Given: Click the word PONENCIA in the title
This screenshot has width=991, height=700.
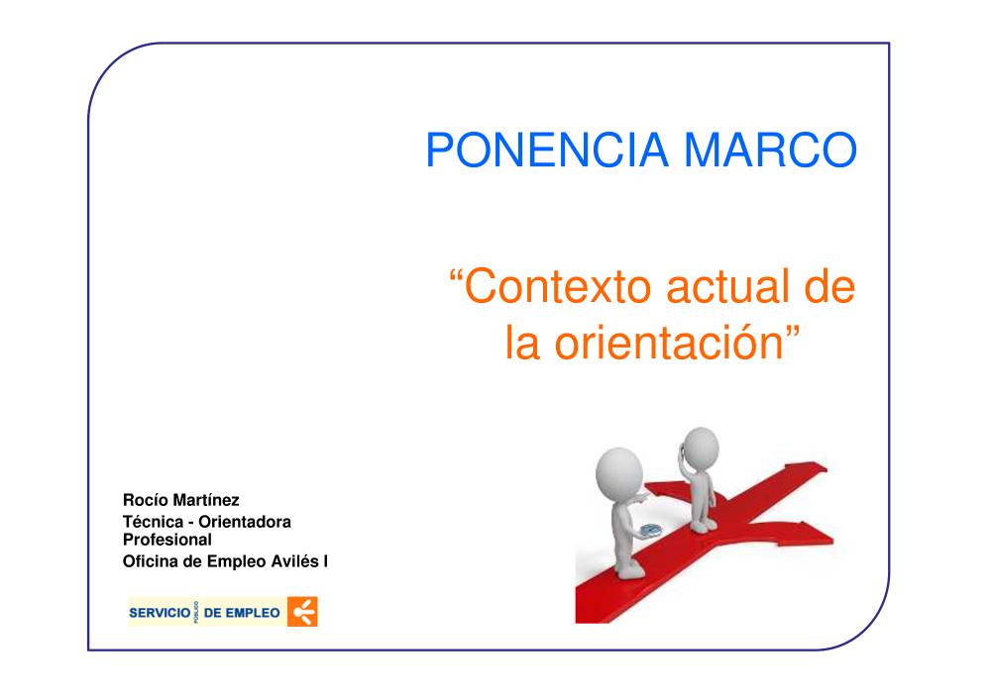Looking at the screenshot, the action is click(x=547, y=150).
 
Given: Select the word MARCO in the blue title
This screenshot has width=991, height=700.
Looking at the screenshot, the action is click(x=770, y=150).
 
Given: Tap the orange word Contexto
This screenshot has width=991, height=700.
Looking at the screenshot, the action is click(x=558, y=286).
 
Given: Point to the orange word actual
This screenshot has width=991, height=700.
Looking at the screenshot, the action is click(x=727, y=286).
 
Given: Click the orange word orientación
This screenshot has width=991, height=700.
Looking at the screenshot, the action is click(x=669, y=343).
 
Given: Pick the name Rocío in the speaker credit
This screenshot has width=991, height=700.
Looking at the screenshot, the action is click(x=146, y=500).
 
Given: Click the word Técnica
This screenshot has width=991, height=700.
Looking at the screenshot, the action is click(x=153, y=522).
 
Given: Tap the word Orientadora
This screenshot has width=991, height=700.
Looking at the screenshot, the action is click(x=245, y=522).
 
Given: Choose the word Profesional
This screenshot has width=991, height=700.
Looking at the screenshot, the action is click(x=166, y=540).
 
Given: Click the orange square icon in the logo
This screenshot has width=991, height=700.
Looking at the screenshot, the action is click(x=302, y=612).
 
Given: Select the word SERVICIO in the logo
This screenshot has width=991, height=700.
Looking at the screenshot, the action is click(x=160, y=613).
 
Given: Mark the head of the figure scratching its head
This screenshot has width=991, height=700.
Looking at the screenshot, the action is click(x=701, y=449).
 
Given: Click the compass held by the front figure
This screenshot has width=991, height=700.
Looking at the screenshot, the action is click(x=650, y=531).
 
